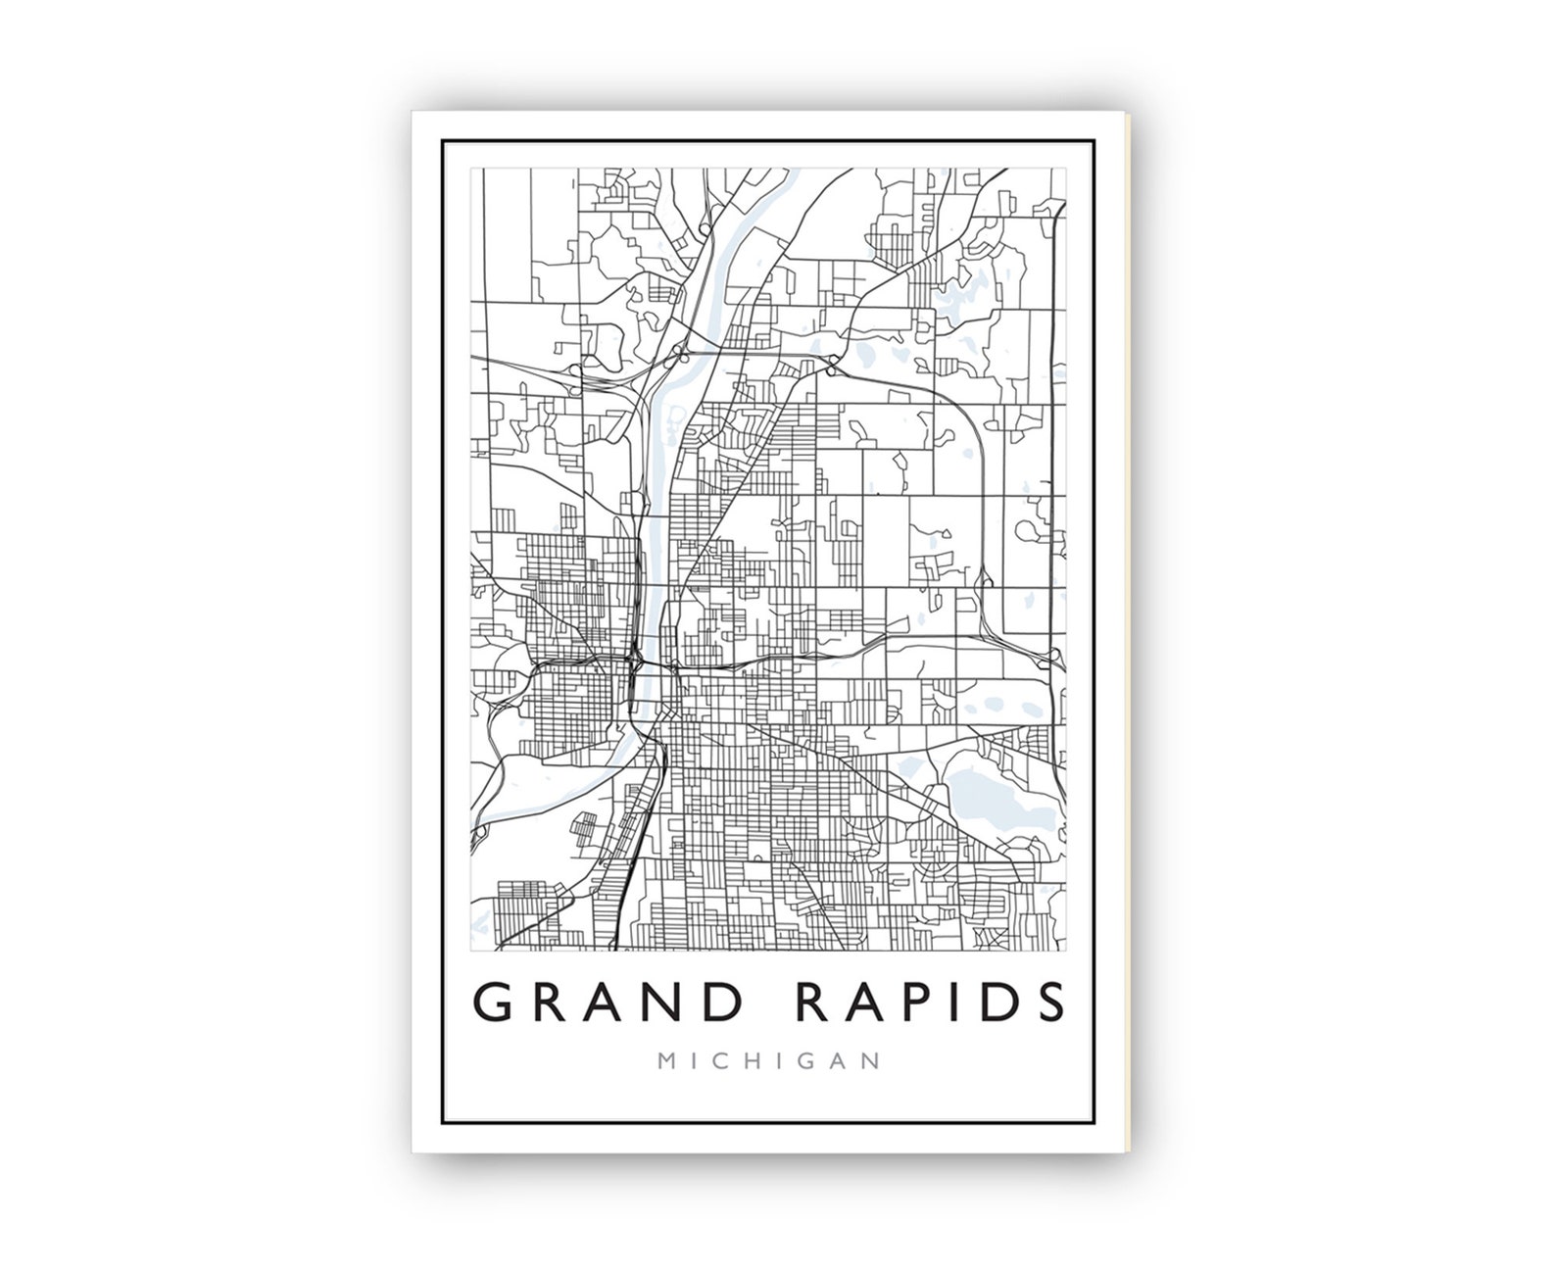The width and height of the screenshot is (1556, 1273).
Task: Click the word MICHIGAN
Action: (x=769, y=1061)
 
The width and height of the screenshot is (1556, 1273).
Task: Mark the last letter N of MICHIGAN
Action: (x=872, y=1061)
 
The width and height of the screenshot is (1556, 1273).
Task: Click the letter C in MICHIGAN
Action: (x=724, y=1061)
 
